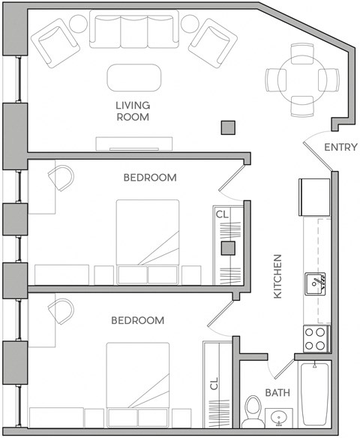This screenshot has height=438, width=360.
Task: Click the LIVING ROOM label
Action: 133,111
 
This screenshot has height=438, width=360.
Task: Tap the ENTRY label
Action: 340,147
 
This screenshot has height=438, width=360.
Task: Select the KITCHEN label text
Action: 277,276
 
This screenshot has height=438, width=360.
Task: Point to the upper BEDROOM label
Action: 149,178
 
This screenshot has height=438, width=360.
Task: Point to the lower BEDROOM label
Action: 137,320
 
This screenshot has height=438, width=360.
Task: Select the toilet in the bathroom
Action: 253,412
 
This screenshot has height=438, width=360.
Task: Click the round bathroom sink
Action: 279,417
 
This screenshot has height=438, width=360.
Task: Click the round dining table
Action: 301,78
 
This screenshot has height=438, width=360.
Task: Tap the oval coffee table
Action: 133,76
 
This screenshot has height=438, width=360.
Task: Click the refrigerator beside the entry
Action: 314,196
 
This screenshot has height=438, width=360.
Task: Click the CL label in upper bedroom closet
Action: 223,214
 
